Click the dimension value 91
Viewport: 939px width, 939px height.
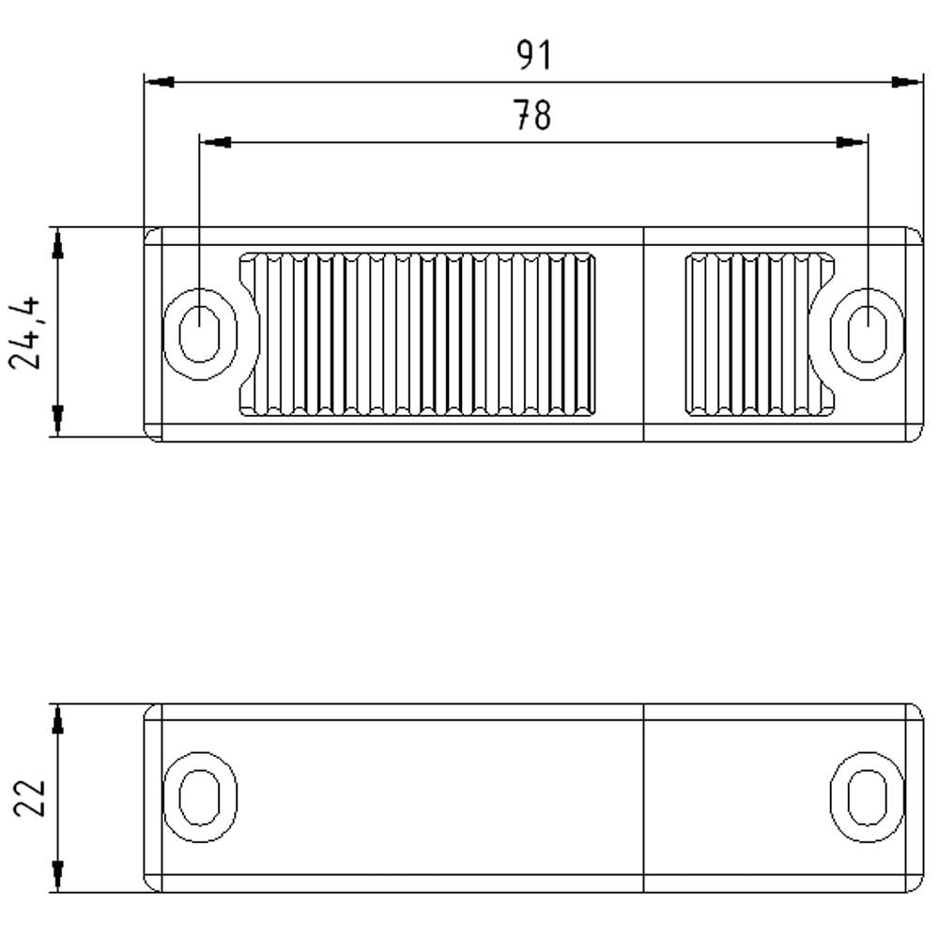coord(533,56)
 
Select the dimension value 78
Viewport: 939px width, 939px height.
coord(532,116)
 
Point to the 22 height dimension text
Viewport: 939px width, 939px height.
coord(30,798)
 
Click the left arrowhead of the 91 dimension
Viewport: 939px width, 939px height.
coord(161,83)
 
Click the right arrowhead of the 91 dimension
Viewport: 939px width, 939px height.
coord(906,83)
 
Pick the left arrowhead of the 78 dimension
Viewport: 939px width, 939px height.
coord(217,143)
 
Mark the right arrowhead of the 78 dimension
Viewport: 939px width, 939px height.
coord(851,143)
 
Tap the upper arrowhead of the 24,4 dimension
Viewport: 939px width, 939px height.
coord(58,246)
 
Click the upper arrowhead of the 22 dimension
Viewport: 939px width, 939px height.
coord(58,721)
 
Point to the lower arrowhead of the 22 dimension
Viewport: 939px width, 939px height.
coord(58,873)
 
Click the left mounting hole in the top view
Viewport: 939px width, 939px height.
coord(199,333)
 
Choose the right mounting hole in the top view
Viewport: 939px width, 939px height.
coord(868,333)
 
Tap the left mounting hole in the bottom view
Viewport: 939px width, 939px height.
coord(199,797)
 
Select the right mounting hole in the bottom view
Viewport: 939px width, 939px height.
coord(868,797)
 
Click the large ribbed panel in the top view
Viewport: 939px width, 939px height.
coord(418,333)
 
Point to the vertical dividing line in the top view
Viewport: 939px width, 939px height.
coord(643,333)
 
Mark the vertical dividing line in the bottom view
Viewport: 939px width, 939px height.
coord(643,797)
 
